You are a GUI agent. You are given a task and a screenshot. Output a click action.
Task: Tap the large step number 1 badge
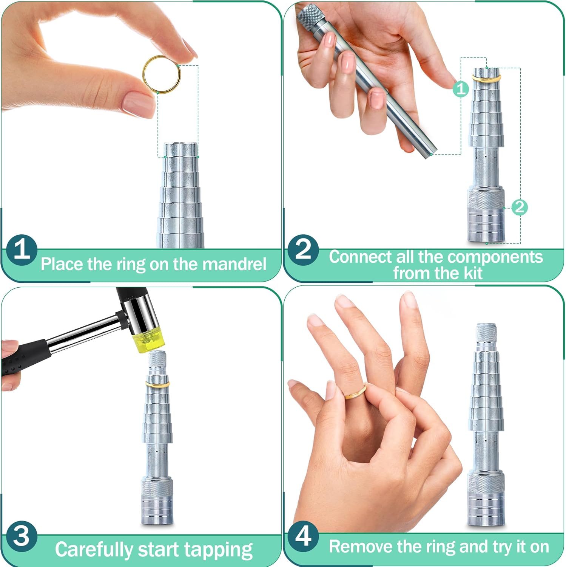click(x=22, y=250)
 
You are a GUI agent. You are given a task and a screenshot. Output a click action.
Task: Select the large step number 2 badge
click(x=303, y=249)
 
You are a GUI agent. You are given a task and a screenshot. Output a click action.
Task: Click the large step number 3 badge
click(x=21, y=536)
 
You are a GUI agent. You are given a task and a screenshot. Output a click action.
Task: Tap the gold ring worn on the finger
click(x=355, y=393)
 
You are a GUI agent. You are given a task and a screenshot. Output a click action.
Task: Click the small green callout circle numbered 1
click(x=461, y=89)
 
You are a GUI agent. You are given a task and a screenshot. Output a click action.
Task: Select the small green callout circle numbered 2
click(x=520, y=207)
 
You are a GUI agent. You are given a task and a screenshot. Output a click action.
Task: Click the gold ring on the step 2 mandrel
click(x=486, y=79)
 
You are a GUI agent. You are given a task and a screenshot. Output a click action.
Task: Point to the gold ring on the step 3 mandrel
click(x=157, y=384)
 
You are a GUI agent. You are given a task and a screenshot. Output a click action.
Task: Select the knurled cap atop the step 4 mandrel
click(x=486, y=332)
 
